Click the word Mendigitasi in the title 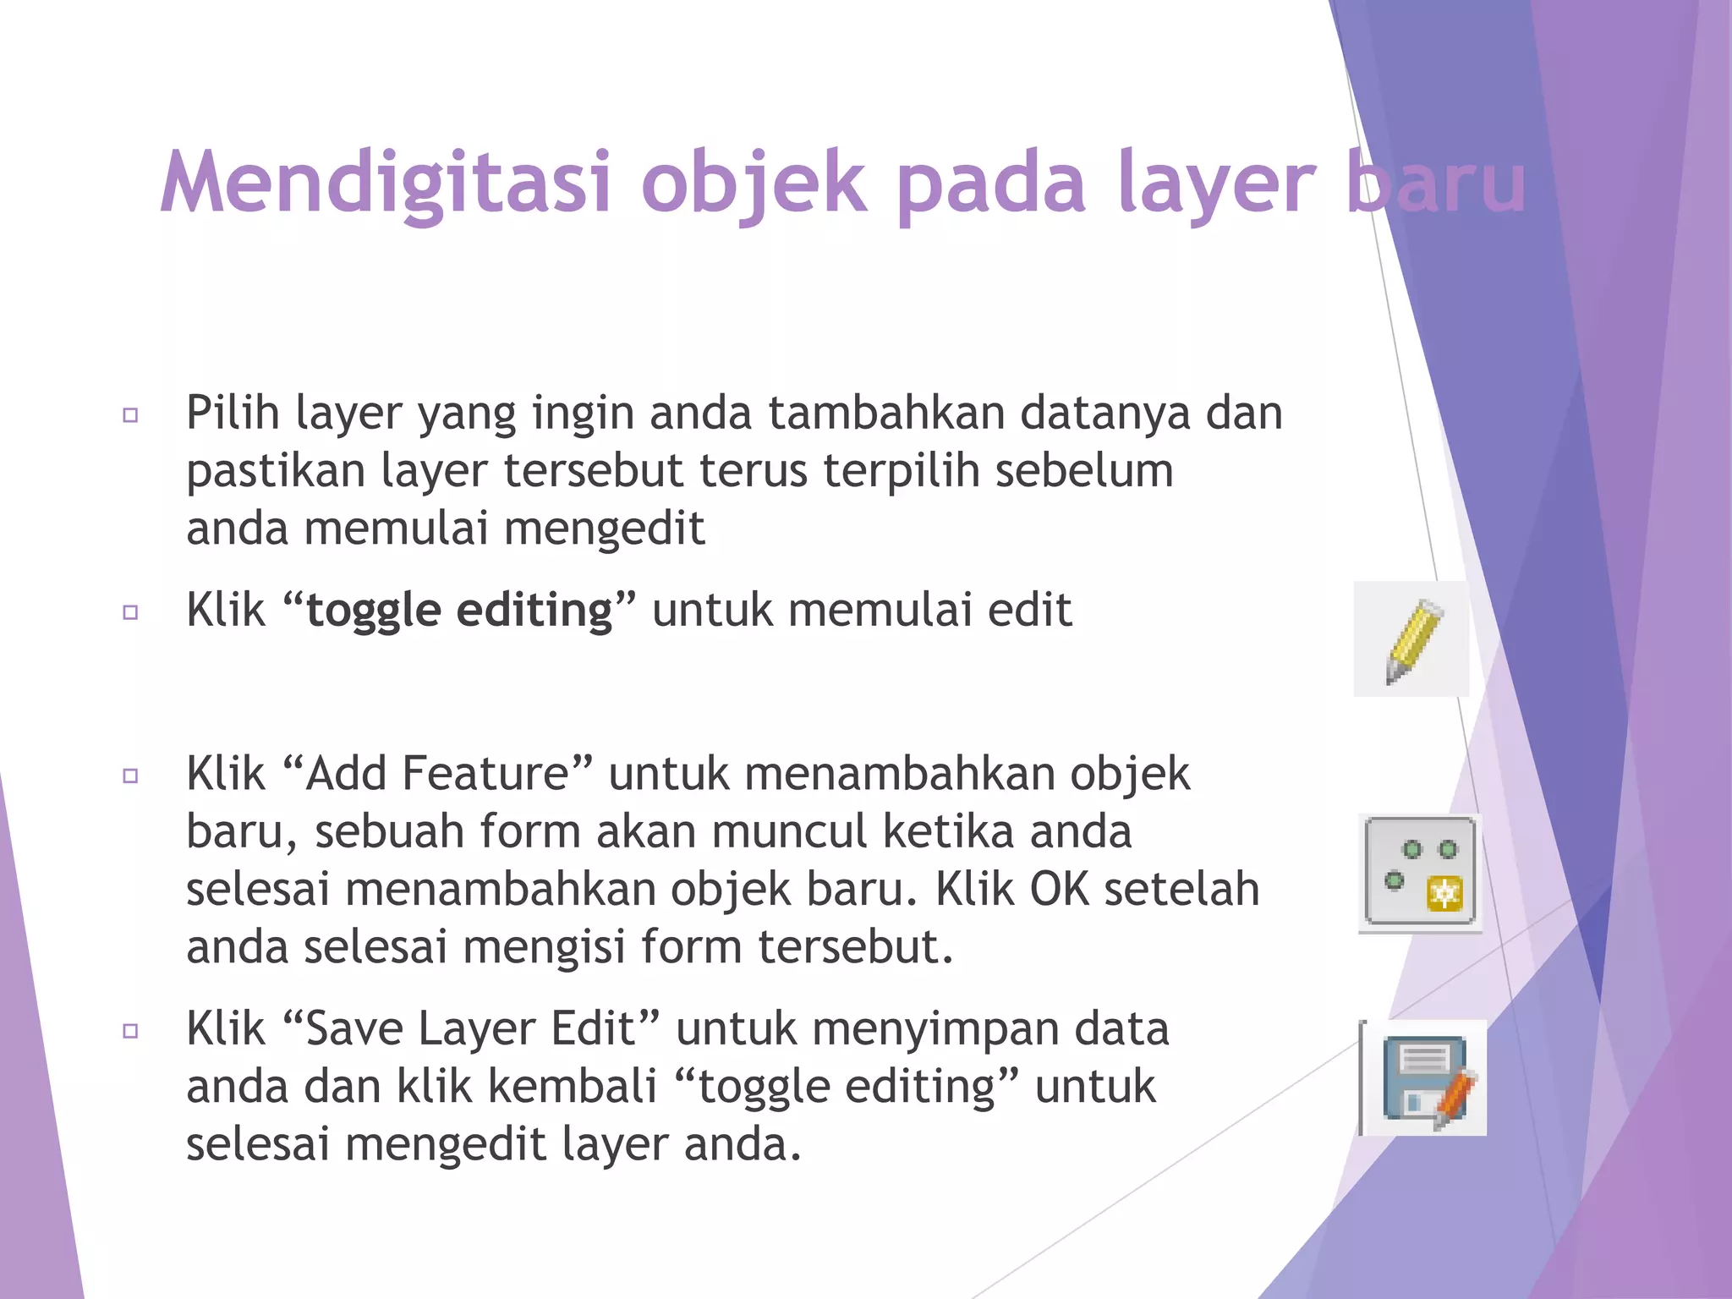[x=385, y=183]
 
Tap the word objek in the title [x=754, y=183]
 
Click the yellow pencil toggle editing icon [x=1411, y=639]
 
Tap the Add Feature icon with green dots [x=1420, y=872]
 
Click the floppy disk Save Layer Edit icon [x=1424, y=1078]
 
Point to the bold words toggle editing [x=459, y=611]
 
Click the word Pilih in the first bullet [x=233, y=414]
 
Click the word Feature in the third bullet [x=496, y=773]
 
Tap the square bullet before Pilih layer [x=130, y=415]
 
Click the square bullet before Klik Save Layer [x=130, y=1031]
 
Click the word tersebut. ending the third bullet [x=855, y=947]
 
